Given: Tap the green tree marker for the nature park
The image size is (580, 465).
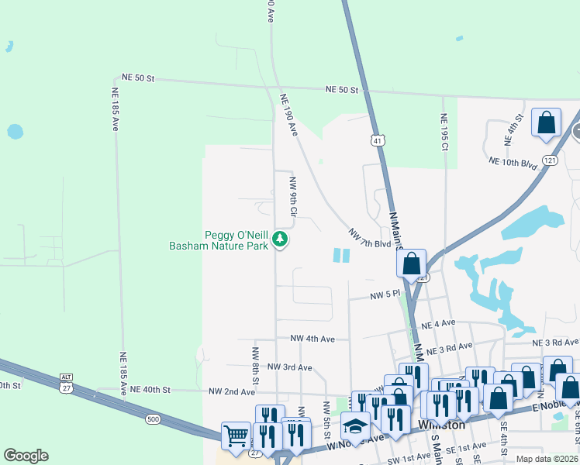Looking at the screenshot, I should [x=281, y=240].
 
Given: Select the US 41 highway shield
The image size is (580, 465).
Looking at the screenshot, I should [x=376, y=141].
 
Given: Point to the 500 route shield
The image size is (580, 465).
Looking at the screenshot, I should [x=152, y=419].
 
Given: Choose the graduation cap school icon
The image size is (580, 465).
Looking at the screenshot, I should [x=356, y=425].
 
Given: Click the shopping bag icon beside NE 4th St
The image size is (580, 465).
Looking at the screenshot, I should [x=546, y=122].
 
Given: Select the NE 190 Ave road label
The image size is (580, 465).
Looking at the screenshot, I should [x=289, y=115].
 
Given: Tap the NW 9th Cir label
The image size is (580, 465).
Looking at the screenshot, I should [x=293, y=197].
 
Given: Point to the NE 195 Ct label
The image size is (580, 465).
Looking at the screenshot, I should [x=444, y=132].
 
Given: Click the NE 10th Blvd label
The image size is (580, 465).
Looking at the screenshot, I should [x=513, y=162].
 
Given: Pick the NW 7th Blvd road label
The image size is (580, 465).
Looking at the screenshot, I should [x=369, y=239].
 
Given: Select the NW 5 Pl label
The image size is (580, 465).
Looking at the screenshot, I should [x=385, y=295].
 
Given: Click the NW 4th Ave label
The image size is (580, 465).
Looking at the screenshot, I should [x=312, y=339].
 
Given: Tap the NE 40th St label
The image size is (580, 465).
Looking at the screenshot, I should [x=150, y=389].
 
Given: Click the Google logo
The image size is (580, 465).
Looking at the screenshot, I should [x=26, y=456].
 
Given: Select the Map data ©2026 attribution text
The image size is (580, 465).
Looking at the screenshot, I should [x=547, y=459].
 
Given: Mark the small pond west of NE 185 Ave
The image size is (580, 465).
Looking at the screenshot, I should [x=15, y=131].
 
